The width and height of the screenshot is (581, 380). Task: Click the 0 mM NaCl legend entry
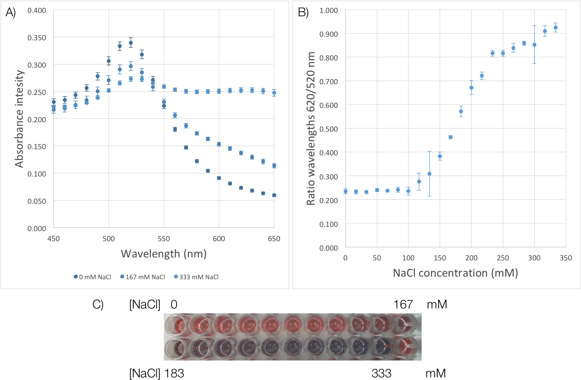93,277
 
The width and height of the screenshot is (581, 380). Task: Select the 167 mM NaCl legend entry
143,277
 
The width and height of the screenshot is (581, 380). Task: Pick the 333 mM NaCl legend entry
196,277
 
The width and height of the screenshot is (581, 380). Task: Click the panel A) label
10,12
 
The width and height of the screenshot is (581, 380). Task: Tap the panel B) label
303,12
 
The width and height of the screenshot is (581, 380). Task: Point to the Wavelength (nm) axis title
164,254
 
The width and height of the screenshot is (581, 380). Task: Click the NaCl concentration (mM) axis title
455,273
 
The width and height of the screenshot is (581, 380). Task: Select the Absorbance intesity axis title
19,119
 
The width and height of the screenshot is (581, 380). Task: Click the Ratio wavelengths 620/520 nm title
311,128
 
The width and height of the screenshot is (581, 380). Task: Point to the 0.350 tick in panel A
37,38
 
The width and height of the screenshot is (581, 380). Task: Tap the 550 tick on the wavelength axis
164,239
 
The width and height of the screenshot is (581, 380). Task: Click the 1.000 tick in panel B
328,10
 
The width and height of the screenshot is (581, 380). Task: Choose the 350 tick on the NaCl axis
566,258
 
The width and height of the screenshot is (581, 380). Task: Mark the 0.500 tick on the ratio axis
328,129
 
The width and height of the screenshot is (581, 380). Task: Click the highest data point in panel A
131,43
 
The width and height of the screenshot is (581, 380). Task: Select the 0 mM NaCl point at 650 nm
274,195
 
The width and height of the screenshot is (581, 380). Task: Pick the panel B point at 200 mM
471,88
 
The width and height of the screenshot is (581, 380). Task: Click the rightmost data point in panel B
556,28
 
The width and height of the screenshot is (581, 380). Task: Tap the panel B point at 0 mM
346,191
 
